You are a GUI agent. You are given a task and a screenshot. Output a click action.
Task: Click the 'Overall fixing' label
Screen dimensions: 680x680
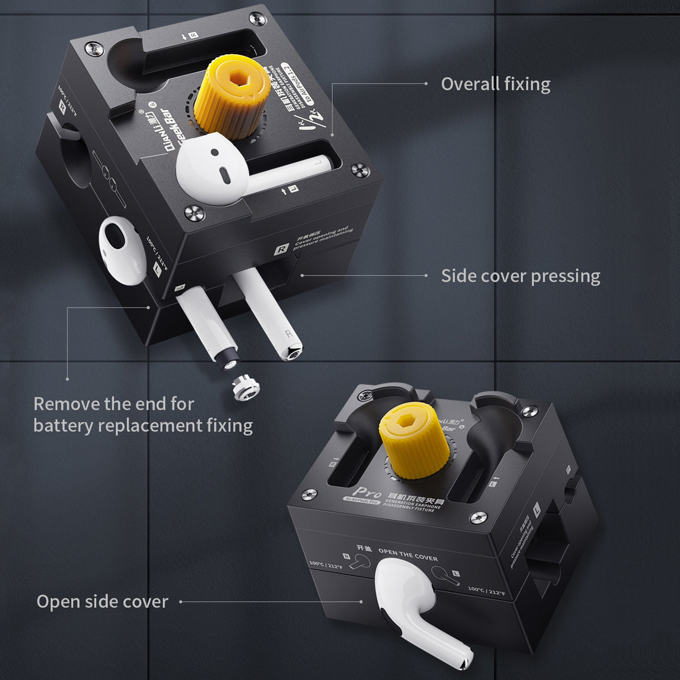(495, 84)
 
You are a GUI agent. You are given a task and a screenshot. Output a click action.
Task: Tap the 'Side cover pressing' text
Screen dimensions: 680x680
(521, 276)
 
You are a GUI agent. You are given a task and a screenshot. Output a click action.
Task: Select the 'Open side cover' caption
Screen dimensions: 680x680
(102, 601)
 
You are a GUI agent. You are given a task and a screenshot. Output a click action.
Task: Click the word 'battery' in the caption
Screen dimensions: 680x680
(66, 426)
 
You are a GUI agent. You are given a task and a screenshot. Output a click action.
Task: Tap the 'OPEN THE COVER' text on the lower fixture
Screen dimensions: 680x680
(408, 555)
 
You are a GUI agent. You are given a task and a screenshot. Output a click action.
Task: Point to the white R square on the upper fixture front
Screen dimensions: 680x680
(280, 249)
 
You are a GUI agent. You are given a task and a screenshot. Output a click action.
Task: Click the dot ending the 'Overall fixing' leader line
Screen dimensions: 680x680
(426, 84)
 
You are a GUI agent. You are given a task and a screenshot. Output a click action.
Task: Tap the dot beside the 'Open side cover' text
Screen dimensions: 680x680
(181, 602)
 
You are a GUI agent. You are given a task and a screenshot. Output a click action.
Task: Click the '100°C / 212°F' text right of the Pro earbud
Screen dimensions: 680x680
(486, 590)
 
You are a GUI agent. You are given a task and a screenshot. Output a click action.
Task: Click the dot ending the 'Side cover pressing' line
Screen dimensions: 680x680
(426, 276)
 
